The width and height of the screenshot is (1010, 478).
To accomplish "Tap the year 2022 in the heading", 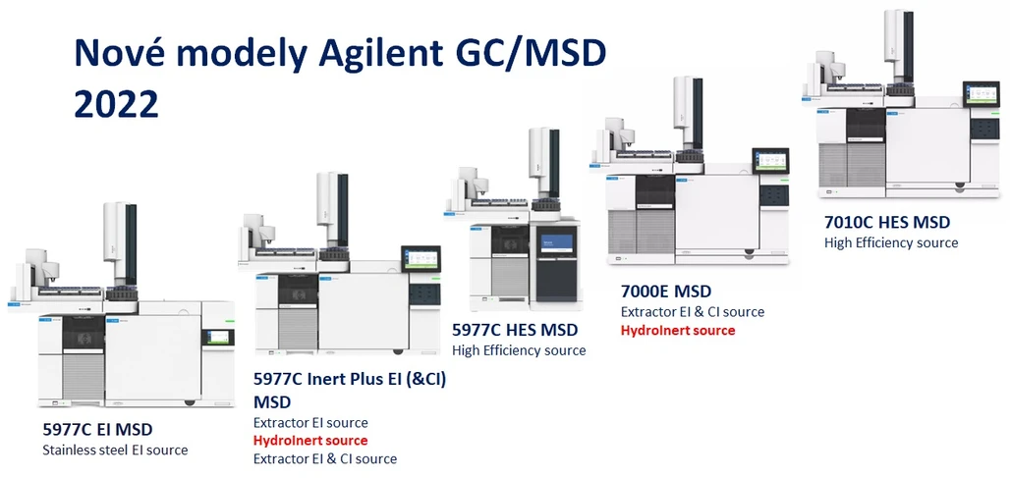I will click(x=116, y=103).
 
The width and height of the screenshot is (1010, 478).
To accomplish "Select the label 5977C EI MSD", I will click(x=97, y=429).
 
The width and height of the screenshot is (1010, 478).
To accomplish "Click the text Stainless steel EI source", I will click(x=114, y=450).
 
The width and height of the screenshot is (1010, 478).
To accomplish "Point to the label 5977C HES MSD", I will click(x=514, y=330).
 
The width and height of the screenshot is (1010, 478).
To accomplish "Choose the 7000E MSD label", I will click(x=665, y=292).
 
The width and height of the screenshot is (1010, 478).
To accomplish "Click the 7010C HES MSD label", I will click(x=887, y=222).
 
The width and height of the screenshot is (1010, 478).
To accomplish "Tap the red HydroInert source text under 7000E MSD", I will click(x=677, y=331).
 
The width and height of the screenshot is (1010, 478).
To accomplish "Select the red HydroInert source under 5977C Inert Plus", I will click(x=310, y=441).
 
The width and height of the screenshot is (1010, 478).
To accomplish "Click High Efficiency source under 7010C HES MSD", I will click(x=890, y=242).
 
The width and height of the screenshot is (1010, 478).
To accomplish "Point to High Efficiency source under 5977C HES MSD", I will click(x=518, y=350).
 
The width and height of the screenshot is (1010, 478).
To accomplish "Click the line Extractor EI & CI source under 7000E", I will click(x=692, y=312).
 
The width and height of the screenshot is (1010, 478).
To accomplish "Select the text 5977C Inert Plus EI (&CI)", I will click(x=350, y=380).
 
